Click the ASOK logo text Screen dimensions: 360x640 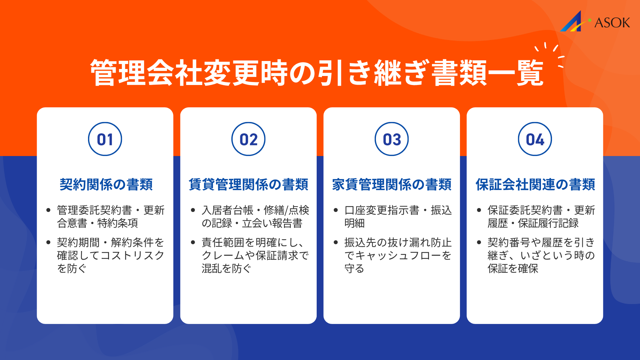pyautogui.click(x=612, y=23)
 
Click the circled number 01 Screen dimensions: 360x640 pyautogui.click(x=105, y=139)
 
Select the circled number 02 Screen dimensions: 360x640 pyautogui.click(x=248, y=139)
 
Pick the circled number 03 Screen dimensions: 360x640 pyautogui.click(x=392, y=139)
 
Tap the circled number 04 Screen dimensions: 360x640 pyautogui.click(x=535, y=139)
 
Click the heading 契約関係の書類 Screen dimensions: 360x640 pyautogui.click(x=106, y=184)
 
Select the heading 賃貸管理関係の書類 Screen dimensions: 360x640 pyautogui.click(x=248, y=184)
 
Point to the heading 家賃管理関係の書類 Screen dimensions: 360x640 pyautogui.click(x=392, y=184)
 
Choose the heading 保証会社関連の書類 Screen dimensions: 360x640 pyautogui.click(x=535, y=184)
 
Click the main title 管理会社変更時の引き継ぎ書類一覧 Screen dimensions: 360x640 pyautogui.click(x=317, y=73)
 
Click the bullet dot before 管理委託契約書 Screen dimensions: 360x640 pyautogui.click(x=49, y=210)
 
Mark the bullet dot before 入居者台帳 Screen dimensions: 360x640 pyautogui.click(x=193, y=210)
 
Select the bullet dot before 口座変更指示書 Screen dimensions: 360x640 pyautogui.click(x=336, y=210)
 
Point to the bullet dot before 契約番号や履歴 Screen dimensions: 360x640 pyautogui.click(x=479, y=242)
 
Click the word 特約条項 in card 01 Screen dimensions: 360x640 pyautogui.click(x=117, y=223)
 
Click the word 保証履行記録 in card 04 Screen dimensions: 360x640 pyautogui.click(x=548, y=223)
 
